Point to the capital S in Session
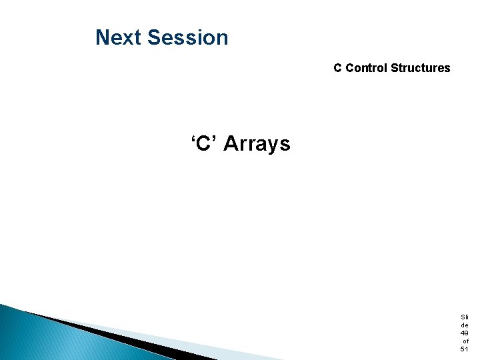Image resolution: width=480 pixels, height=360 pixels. (x=154, y=37)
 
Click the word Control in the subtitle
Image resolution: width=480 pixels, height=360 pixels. (x=367, y=68)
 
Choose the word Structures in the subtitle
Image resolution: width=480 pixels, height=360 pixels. (x=421, y=68)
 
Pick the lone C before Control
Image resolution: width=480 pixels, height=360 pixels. (x=338, y=68)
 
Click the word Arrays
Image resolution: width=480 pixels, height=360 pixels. (x=257, y=143)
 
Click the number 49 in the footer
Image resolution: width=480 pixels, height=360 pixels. (x=464, y=333)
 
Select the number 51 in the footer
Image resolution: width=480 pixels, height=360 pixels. (x=464, y=349)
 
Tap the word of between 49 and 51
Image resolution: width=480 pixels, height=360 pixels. (x=465, y=341)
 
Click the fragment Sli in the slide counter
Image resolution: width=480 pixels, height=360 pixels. (x=464, y=317)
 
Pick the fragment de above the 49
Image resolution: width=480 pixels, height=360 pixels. (x=464, y=325)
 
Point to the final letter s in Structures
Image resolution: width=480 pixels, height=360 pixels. (x=447, y=68)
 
